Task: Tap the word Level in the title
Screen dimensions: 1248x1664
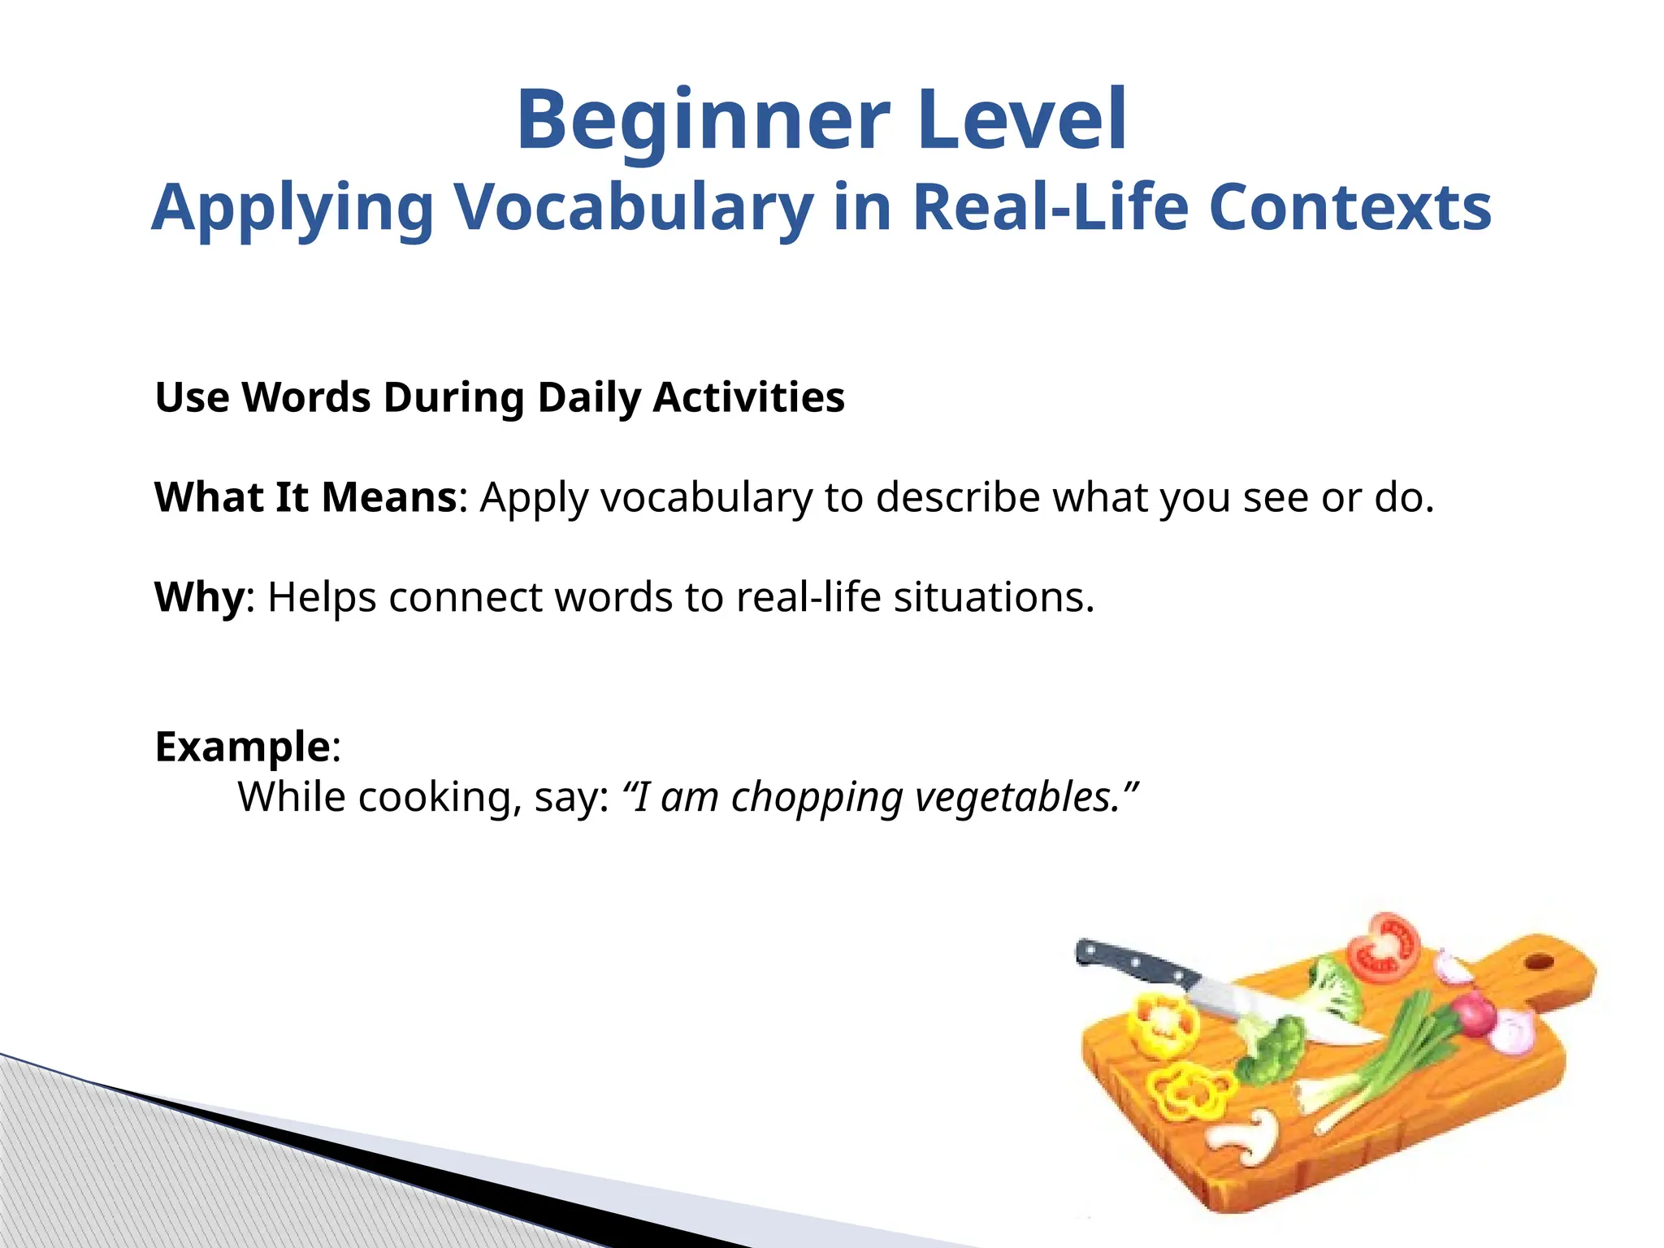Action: click(x=1024, y=120)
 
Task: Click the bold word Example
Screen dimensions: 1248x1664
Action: click(x=242, y=746)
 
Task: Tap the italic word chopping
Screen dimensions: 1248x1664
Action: click(x=817, y=796)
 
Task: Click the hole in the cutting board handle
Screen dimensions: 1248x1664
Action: click(x=1538, y=962)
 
